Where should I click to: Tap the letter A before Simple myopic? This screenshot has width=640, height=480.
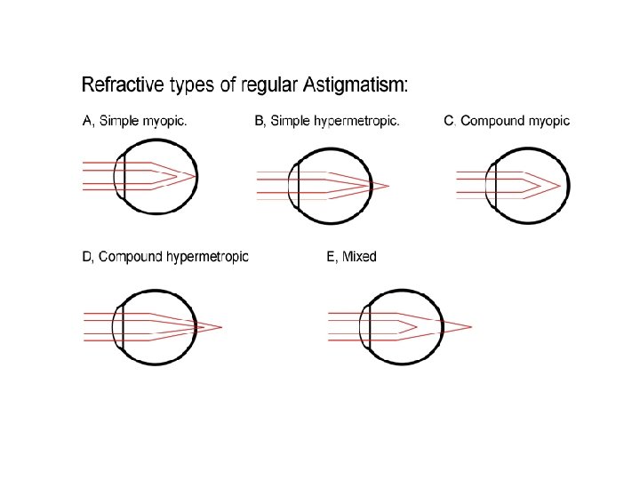(87, 122)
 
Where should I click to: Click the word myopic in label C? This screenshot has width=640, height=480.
(550, 122)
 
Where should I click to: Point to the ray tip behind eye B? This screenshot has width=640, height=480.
(388, 186)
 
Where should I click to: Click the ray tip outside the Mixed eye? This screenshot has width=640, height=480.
(470, 326)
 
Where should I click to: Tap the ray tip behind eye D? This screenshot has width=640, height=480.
(220, 327)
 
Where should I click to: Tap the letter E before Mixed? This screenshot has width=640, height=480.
(331, 257)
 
